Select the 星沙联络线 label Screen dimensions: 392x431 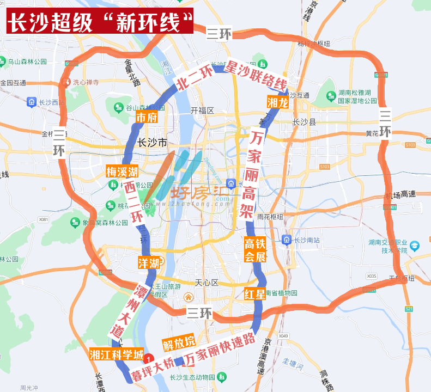click(256, 76)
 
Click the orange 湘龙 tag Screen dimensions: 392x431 click(277, 102)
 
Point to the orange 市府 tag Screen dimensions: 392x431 click(146, 118)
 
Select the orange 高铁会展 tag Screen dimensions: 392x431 click(254, 250)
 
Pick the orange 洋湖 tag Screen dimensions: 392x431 click(149, 264)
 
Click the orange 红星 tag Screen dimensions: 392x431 click(255, 295)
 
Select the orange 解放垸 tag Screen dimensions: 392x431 click(179, 343)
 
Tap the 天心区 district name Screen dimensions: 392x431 click(207, 283)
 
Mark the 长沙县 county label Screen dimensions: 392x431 click(304, 122)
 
